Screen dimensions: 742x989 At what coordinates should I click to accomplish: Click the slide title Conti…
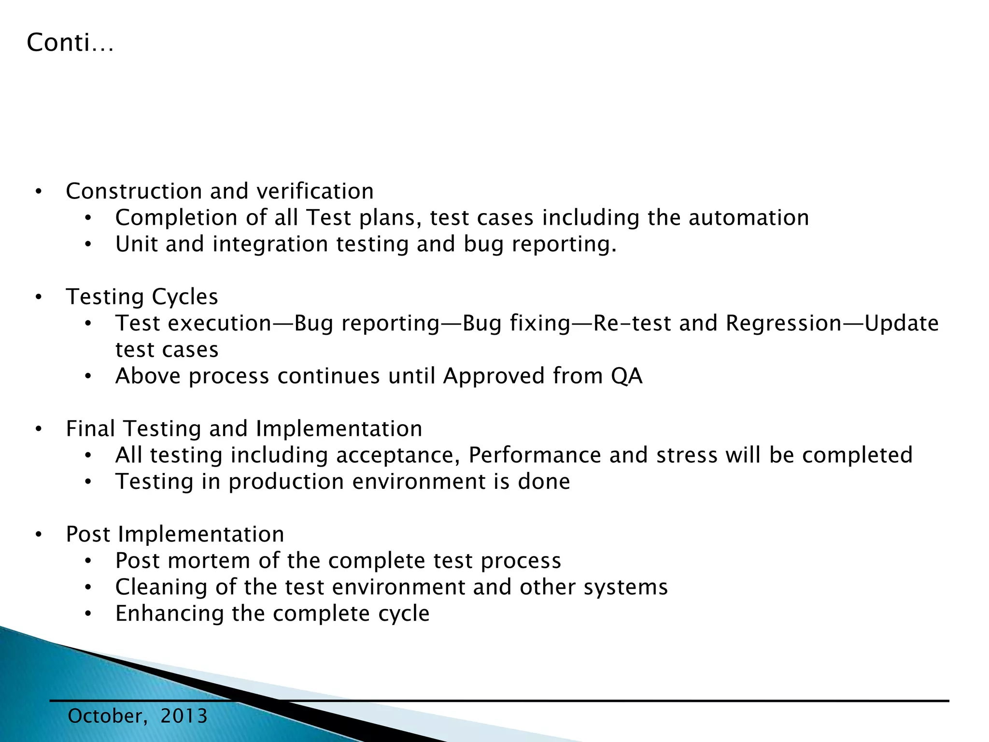tap(71, 43)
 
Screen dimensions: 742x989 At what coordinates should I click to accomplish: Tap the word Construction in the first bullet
tap(133, 191)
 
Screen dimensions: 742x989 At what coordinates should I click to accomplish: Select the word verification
tap(315, 191)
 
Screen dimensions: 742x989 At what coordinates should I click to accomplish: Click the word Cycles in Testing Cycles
tap(185, 297)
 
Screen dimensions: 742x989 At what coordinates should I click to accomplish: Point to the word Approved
tap(494, 376)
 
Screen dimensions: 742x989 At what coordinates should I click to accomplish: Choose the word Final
tap(90, 428)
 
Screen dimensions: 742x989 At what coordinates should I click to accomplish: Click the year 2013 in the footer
tap(184, 716)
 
